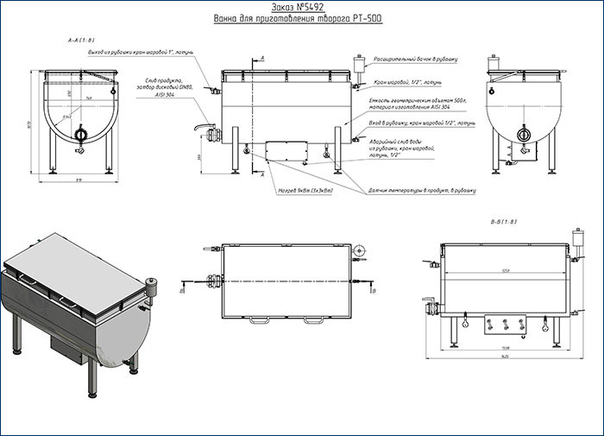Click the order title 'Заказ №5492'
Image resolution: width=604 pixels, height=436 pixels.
[x=301, y=7]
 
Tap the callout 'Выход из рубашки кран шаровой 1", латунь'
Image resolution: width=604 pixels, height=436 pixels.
[x=145, y=53]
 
